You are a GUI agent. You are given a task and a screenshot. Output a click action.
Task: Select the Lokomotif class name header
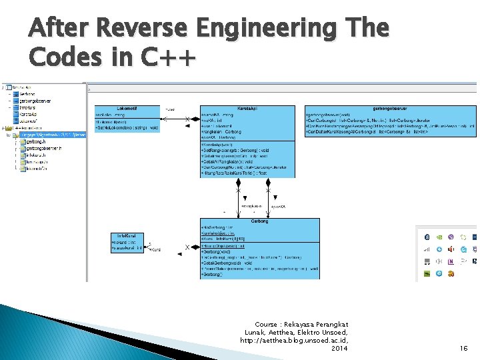(x=127, y=107)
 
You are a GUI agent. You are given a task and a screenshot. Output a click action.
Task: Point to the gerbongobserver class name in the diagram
(x=391, y=107)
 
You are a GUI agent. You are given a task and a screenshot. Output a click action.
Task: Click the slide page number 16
(x=464, y=348)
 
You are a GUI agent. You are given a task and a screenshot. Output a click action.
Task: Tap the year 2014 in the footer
(x=339, y=348)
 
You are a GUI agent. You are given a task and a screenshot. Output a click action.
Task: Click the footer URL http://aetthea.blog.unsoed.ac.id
(x=294, y=340)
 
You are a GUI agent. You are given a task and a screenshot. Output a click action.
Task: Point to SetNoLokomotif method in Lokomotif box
(x=127, y=127)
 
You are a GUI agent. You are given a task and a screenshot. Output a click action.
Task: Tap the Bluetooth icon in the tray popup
(x=426, y=237)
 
